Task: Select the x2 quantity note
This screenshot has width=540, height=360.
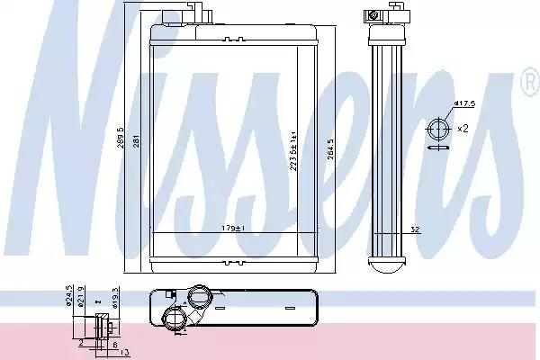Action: tap(463, 129)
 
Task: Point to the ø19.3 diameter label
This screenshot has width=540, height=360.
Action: tap(115, 298)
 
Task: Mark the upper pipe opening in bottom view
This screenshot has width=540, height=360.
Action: tap(200, 296)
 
